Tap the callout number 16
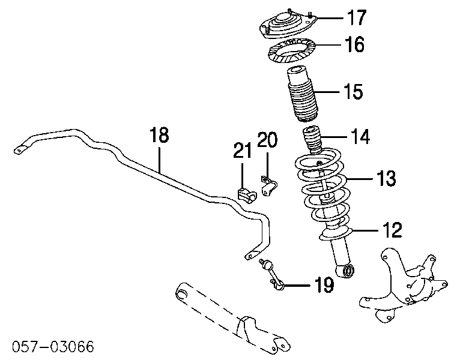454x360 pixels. click(355, 45)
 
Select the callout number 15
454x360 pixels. click(353, 92)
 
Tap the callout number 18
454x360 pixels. click(159, 136)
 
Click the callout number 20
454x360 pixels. click(267, 140)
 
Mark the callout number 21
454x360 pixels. click(243, 151)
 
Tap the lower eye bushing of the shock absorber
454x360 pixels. click(347, 273)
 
